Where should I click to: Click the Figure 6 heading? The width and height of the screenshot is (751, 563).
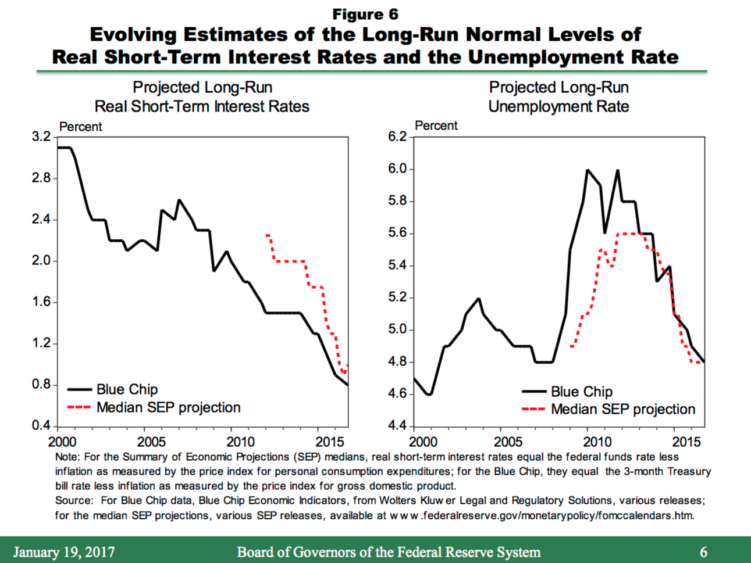tap(365, 14)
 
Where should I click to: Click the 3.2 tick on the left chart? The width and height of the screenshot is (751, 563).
tap(41, 138)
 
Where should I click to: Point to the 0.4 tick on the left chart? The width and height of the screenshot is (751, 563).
tap(41, 426)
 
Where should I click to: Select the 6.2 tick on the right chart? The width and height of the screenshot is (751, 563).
tap(397, 137)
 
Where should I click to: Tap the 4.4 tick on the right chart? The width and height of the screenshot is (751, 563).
tap(397, 426)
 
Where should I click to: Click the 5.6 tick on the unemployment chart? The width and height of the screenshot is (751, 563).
tap(397, 234)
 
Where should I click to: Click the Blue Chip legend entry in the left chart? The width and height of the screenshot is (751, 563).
tap(127, 389)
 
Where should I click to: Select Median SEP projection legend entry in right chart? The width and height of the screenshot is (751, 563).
tap(622, 410)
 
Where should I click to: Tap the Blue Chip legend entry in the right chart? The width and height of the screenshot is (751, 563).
tap(581, 392)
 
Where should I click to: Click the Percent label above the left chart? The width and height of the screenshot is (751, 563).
tap(80, 127)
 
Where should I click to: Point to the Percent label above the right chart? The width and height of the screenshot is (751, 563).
tap(436, 125)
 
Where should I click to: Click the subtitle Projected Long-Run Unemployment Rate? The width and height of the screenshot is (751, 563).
tap(558, 97)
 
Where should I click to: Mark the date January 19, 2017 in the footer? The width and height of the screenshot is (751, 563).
tap(64, 552)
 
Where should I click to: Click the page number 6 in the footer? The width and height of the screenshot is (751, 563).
tap(703, 552)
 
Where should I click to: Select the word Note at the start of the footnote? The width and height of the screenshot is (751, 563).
tap(65, 457)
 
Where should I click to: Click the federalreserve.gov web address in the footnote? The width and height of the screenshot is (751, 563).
tap(541, 515)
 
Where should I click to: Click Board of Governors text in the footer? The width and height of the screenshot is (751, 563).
tap(388, 552)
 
